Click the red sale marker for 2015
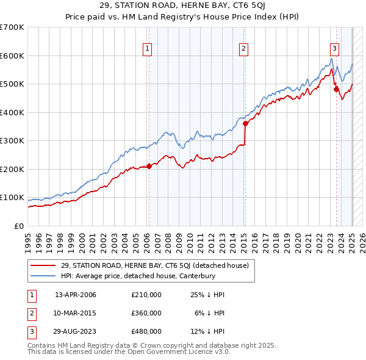(245, 123)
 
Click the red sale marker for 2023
(336, 89)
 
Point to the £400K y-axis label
(12, 112)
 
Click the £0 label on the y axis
(18, 226)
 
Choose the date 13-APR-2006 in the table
(76, 295)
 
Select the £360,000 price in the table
(146, 313)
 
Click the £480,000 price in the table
(146, 331)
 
